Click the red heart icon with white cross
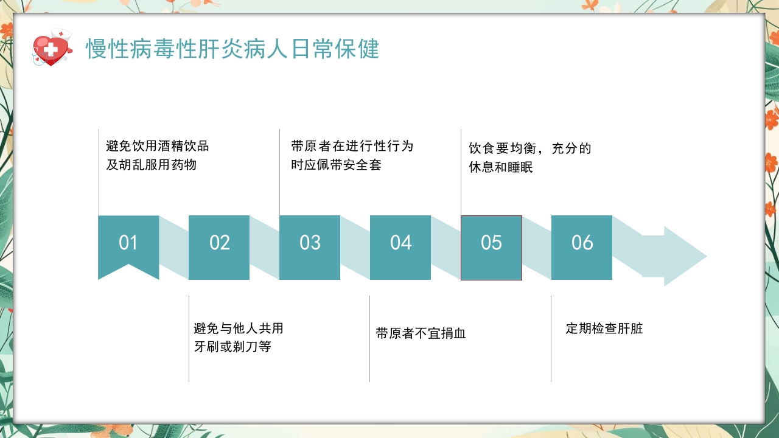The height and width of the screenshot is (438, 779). coord(51,50)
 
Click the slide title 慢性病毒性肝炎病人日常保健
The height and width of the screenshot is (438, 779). coord(232,49)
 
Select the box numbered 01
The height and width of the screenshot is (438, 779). coord(128,243)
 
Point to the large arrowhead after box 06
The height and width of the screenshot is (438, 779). coord(682,256)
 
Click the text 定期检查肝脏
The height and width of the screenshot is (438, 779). coord(604,329)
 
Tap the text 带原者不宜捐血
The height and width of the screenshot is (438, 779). coord(421,333)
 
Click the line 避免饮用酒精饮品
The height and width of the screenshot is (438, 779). coord(158,146)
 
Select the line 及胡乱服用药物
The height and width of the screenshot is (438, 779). coord(152,165)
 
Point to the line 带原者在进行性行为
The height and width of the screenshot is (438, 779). coord(352,146)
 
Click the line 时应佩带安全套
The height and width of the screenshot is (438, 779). coord(337,165)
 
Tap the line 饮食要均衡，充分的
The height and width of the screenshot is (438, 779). coord(530,148)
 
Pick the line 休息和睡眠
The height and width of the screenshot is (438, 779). coord(501,167)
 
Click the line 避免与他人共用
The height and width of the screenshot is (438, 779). coord(239,328)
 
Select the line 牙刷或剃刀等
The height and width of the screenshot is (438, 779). coord(232,347)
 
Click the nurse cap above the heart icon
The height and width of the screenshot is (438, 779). coord(61,34)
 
